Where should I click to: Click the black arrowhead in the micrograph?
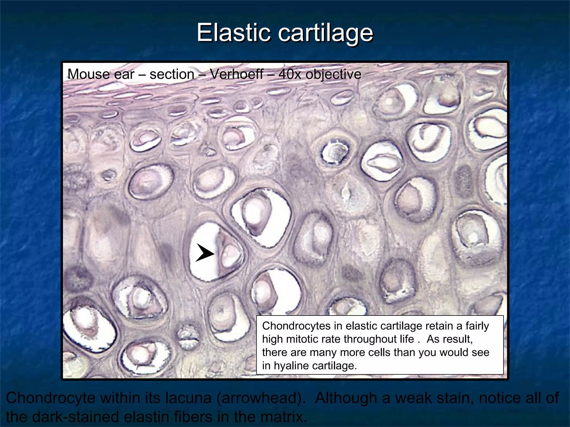205,253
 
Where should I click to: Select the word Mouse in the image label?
85,74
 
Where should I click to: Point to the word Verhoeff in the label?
236,74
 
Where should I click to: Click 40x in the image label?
290,74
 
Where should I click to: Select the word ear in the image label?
127,74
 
